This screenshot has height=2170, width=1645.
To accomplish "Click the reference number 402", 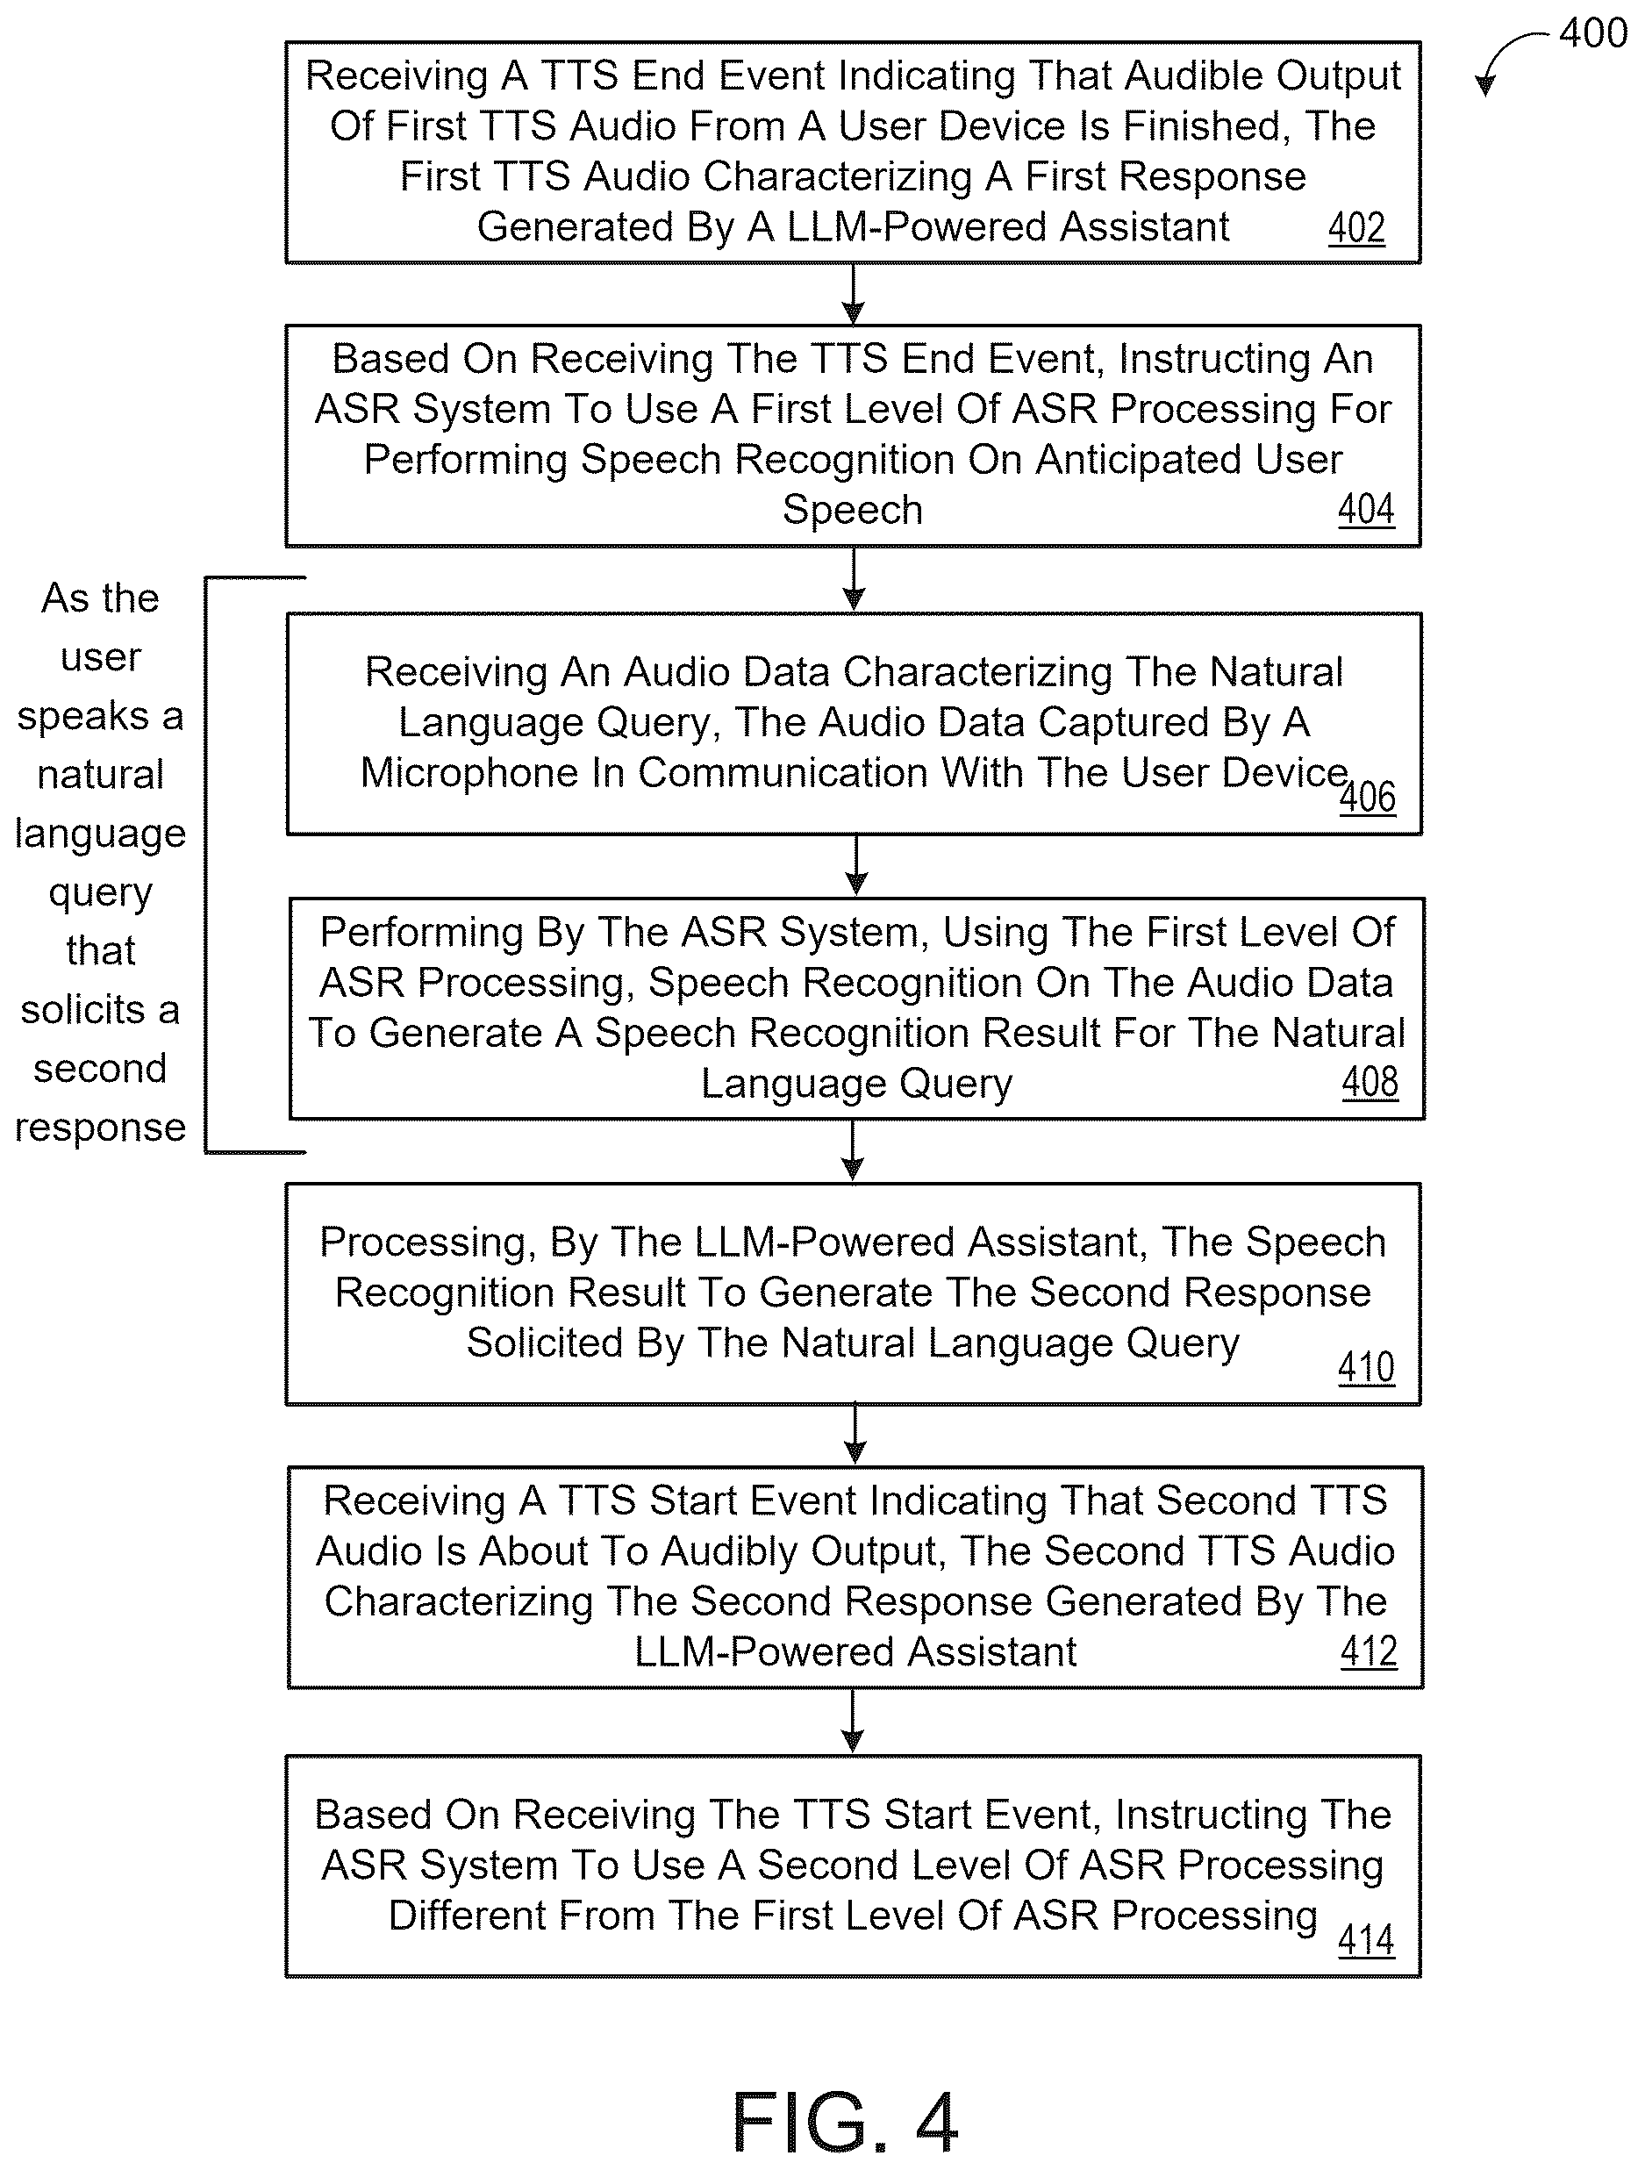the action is coord(1356,227).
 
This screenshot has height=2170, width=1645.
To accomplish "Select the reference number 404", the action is coord(1365,509).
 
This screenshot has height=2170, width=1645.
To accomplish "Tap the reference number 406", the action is coord(1368,797).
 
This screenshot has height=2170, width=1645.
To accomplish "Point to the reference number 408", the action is coord(1370,1082).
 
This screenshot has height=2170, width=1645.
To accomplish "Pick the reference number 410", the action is coord(1365,1366).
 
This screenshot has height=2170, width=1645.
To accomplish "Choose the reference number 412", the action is coord(1369,1651).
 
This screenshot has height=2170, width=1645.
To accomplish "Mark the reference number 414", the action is coord(1365,1939).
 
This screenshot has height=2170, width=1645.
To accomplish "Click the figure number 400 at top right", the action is coord(1593,32).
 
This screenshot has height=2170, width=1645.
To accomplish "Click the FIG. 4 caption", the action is coord(845,2123).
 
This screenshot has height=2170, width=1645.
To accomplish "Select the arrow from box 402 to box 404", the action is coord(854,293).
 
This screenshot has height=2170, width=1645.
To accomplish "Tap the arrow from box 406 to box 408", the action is coord(856,865).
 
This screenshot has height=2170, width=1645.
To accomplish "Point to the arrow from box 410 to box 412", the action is coord(855,1435).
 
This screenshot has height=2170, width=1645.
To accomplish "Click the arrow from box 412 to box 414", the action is coord(853,1721).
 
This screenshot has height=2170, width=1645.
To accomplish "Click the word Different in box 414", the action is coord(467,1915).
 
